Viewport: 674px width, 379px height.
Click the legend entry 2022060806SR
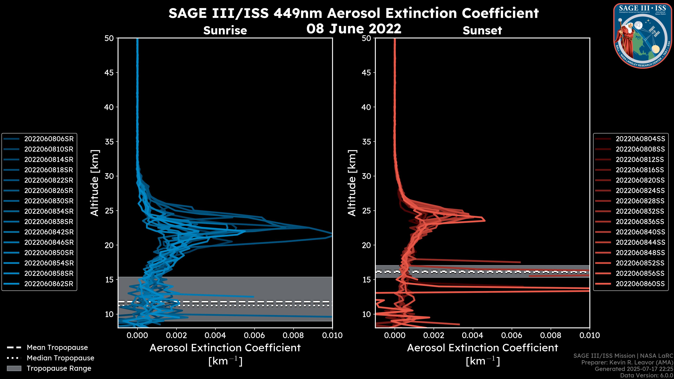coord(49,139)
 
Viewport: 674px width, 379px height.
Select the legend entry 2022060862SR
coord(49,284)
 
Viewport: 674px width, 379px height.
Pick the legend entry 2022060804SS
coord(640,139)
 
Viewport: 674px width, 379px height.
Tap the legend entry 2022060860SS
coord(640,284)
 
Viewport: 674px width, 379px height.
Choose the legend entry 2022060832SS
coord(640,211)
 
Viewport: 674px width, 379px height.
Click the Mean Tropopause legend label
coord(57,348)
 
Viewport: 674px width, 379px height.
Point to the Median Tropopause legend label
coord(60,358)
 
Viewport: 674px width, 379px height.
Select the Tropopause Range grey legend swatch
coord(14,368)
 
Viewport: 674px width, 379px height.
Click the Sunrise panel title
coord(225,31)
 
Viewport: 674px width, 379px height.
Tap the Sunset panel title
coord(482,31)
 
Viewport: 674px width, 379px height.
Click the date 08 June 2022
coord(354,28)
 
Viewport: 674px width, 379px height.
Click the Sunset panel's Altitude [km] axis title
coord(352,183)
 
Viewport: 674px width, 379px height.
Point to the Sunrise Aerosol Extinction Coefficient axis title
coord(225,348)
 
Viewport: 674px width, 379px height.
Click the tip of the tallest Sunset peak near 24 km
coord(485,221)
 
